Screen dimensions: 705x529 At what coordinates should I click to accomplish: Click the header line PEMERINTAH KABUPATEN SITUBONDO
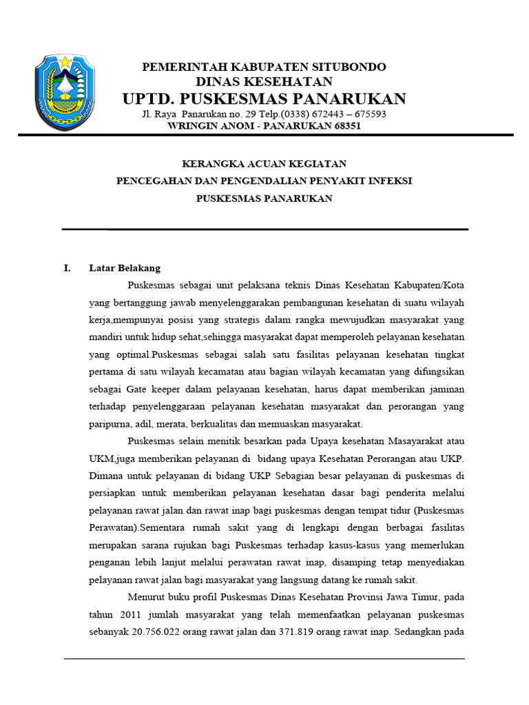point(264,67)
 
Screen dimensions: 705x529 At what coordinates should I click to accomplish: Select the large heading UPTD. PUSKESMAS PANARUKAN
point(264,98)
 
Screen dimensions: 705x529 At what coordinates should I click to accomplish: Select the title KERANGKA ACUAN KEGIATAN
point(264,164)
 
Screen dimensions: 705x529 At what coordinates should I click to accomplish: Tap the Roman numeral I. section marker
point(67,268)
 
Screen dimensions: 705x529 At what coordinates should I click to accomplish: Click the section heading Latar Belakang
point(124,268)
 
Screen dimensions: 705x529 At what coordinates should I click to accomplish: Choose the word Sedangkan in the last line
point(419,633)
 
